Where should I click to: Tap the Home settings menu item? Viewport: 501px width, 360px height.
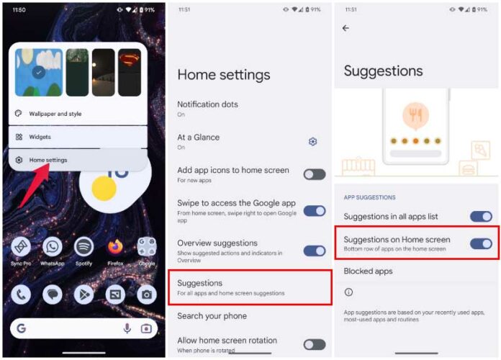pos(48,160)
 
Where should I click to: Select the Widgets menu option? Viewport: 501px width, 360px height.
pos(40,137)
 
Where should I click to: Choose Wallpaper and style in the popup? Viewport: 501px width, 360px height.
pos(55,114)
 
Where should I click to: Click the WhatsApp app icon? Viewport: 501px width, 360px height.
pos(52,247)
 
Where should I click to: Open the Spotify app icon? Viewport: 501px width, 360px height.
pos(83,247)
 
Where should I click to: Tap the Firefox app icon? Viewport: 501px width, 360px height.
pos(115,247)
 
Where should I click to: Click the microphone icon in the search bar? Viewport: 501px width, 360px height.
pos(127,328)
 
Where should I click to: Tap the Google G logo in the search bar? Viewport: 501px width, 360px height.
pos(22,328)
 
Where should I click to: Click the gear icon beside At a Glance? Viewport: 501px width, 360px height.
pos(312,142)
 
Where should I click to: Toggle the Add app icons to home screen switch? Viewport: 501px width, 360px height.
pos(314,174)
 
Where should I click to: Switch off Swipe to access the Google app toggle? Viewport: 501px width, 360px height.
pos(314,211)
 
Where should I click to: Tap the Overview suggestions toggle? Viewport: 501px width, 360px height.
pos(314,251)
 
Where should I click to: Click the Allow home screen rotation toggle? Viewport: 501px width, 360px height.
pos(314,344)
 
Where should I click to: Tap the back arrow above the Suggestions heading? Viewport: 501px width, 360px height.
pos(346,28)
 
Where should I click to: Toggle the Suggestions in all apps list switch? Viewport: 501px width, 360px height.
pos(480,216)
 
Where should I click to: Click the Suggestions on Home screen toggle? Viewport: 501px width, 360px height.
pos(480,243)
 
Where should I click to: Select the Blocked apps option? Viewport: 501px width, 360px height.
pos(368,271)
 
